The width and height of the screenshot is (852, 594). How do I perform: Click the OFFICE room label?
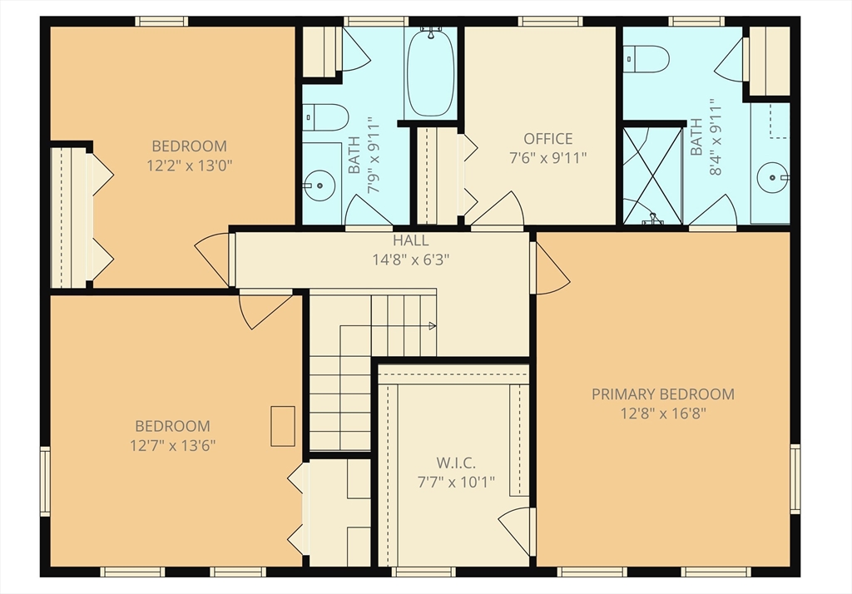tap(547, 139)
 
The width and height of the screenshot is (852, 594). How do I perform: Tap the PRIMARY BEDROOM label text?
tap(663, 394)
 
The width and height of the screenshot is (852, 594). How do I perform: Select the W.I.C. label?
tap(456, 463)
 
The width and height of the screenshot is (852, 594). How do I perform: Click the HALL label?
tap(411, 240)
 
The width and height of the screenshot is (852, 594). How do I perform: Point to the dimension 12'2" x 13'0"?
tap(190, 166)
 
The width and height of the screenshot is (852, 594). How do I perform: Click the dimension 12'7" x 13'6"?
tap(173, 446)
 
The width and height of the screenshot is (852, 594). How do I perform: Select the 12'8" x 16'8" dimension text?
tap(663, 413)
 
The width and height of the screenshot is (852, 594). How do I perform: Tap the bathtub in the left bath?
tap(430, 72)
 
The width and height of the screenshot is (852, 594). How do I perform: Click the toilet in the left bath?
tap(325, 117)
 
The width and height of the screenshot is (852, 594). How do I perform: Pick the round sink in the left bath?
tap(319, 186)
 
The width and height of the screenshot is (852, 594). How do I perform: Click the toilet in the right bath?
tap(646, 59)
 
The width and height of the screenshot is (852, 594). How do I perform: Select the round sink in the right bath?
tap(772, 177)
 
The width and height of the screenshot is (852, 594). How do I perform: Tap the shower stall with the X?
tap(652, 176)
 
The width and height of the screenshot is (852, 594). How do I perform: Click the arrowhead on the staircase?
tap(433, 326)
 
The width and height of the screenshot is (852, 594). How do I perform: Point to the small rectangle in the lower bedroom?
tap(283, 427)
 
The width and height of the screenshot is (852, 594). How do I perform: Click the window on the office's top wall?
tap(551, 21)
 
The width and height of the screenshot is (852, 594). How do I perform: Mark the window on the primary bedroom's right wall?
tap(795, 479)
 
